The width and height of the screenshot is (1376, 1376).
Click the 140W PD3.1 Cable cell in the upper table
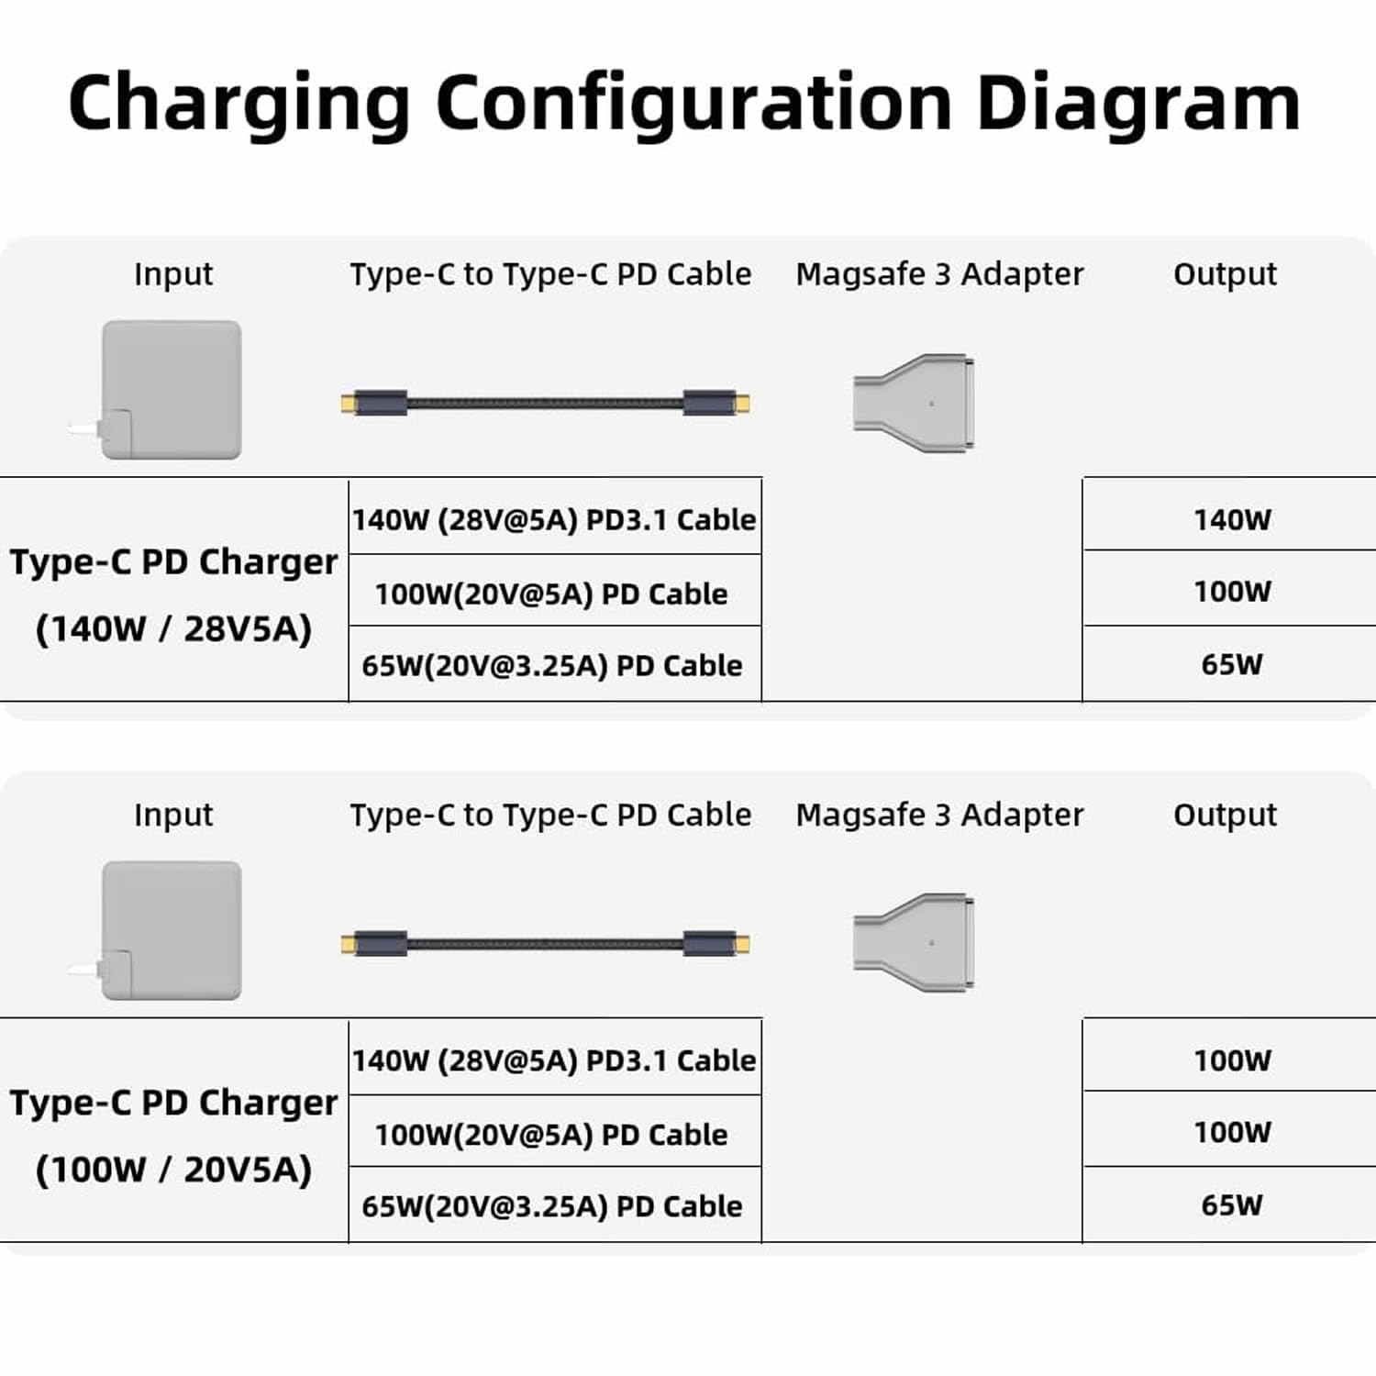(x=554, y=520)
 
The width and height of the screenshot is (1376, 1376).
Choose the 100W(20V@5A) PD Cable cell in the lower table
(x=551, y=1135)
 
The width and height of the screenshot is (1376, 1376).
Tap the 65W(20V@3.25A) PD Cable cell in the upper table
(x=551, y=666)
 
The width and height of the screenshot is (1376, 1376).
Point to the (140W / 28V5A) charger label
(x=173, y=629)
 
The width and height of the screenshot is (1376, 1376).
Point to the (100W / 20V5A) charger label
(x=173, y=1170)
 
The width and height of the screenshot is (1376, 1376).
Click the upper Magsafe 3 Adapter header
(x=939, y=274)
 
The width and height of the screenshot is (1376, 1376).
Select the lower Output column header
(x=1225, y=816)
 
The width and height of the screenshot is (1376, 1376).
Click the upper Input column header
(x=173, y=274)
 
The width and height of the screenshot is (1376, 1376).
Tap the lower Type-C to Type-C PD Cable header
(x=550, y=816)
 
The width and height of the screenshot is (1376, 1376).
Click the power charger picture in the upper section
(x=165, y=390)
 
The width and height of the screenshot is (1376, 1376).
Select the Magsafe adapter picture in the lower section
(x=914, y=943)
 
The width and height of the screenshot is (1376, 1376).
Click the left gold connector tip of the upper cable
(x=347, y=404)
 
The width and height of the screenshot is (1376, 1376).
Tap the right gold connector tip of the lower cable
(x=743, y=944)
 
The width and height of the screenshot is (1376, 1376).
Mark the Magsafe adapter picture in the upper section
(x=914, y=403)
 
